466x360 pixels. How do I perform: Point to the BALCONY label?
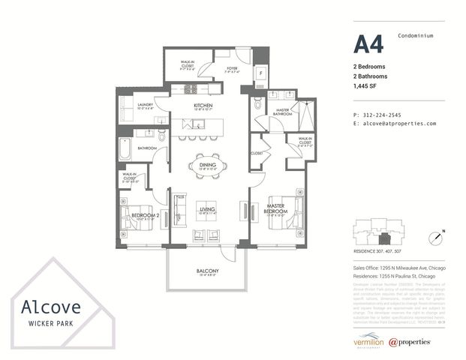(x=207, y=271)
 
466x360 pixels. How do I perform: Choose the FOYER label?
(x=233, y=69)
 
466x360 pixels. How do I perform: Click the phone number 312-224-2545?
(x=383, y=114)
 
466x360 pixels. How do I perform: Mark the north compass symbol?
(x=435, y=238)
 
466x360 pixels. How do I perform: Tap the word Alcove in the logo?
(x=47, y=307)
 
